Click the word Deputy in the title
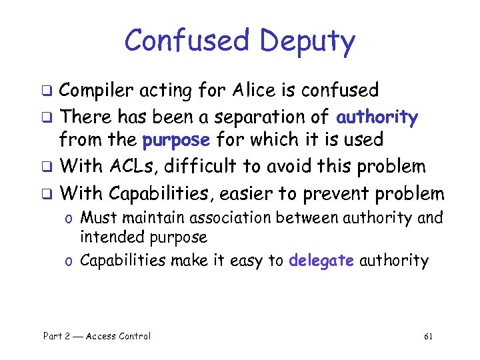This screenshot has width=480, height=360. pyautogui.click(x=307, y=41)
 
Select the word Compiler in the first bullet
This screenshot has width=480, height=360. pyautogui.click(x=99, y=90)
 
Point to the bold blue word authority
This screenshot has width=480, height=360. pyautogui.click(x=377, y=118)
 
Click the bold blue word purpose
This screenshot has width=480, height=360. pyautogui.click(x=177, y=141)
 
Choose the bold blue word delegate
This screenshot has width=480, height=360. pyautogui.click(x=321, y=260)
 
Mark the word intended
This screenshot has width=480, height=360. pyautogui.click(x=107, y=237)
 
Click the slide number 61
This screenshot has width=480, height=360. pyautogui.click(x=428, y=336)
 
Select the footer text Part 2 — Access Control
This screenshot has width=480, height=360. pyautogui.click(x=97, y=336)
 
